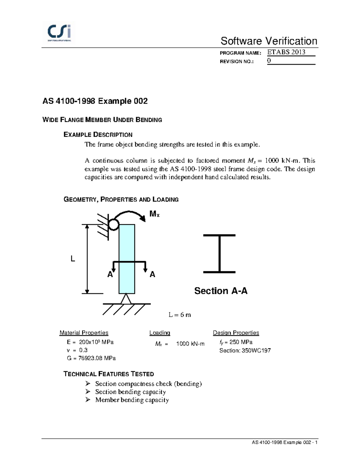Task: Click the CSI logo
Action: coord(59,32)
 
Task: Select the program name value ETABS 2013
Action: coord(286,52)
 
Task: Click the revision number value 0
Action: coord(269,60)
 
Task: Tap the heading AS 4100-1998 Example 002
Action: coord(95,101)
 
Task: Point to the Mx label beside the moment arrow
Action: coord(154,214)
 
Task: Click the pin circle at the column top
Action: coord(113,224)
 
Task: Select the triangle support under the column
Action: coord(126,299)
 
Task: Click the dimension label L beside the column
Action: coord(73,259)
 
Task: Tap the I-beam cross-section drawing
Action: coord(219,254)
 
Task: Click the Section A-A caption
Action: coord(221,291)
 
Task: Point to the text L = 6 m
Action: coord(179,315)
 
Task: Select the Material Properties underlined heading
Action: coord(84,333)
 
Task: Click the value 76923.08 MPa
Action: coord(97,358)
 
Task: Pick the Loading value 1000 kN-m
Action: coord(190,344)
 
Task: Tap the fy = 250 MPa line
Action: coord(236,342)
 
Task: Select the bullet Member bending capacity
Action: coord(132,400)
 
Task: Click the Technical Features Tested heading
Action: coord(109,374)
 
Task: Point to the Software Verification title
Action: coord(269,41)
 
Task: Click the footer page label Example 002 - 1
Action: coord(285,442)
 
